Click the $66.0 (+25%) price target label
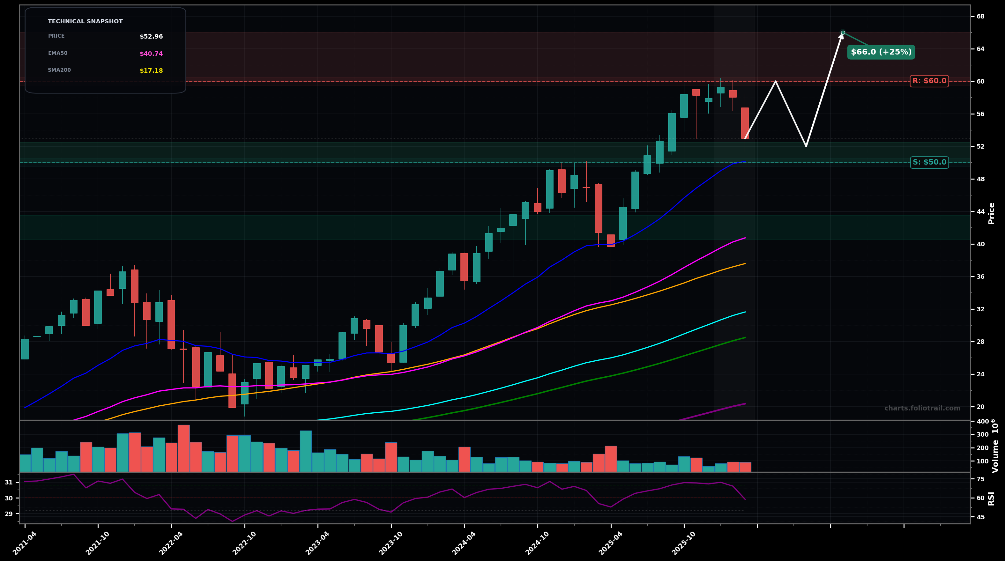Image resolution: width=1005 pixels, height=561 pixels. pos(881,52)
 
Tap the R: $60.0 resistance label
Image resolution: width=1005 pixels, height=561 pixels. pos(929,81)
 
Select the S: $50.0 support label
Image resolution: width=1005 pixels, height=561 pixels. pos(929,162)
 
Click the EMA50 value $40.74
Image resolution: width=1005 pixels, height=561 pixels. pos(151,54)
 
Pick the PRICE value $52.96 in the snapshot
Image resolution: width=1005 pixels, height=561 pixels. pos(151,37)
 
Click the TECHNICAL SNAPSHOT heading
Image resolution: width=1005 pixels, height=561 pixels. pos(85,21)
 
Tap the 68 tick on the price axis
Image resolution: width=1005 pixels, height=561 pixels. pos(980,16)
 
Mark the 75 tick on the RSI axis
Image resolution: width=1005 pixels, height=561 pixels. pos(980,479)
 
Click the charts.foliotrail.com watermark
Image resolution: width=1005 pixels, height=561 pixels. pos(922,408)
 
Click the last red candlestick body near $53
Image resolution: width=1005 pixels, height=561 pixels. pos(745,123)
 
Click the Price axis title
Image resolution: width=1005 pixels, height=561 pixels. pos(991,213)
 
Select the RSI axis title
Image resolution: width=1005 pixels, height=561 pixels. pos(991,498)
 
